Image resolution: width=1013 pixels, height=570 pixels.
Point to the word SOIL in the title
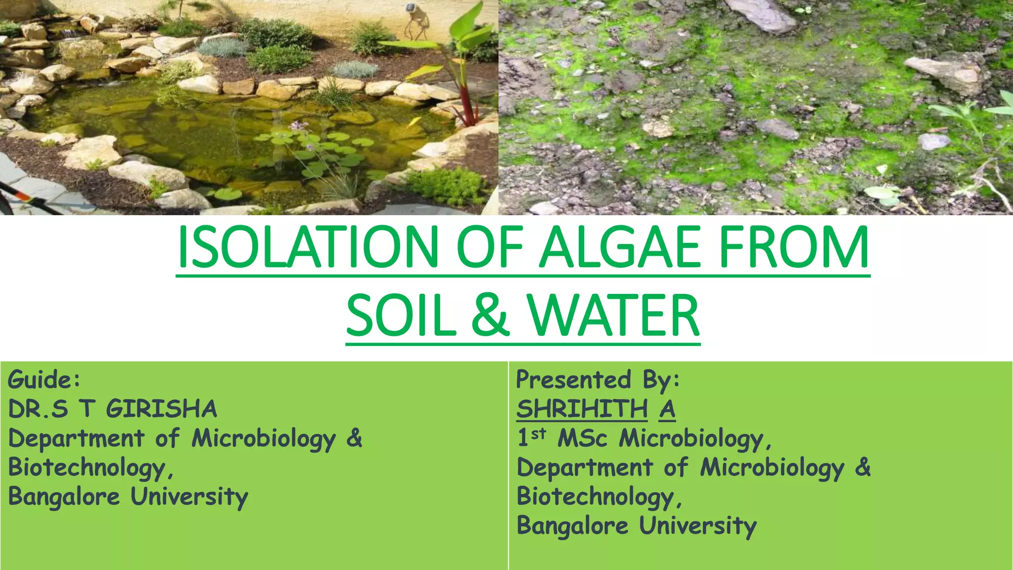pyautogui.click(x=401, y=316)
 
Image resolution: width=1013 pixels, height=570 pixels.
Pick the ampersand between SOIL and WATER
pyautogui.click(x=490, y=316)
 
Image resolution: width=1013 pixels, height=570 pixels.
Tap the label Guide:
pyautogui.click(x=44, y=380)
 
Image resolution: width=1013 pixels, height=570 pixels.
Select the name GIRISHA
pyautogui.click(x=161, y=409)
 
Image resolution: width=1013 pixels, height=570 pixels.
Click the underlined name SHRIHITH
pyautogui.click(x=582, y=409)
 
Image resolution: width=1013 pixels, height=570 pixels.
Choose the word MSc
pyautogui.click(x=582, y=438)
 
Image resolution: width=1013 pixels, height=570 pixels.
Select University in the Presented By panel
pyautogui.click(x=697, y=526)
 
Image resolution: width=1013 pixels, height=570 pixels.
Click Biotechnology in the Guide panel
pyautogui.click(x=87, y=468)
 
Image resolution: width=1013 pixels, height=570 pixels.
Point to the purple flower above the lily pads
pyautogui.click(x=297, y=126)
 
